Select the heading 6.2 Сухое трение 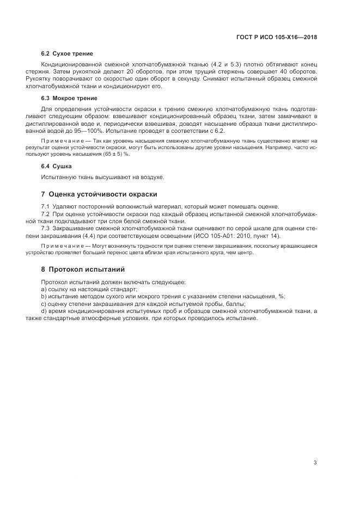point(66,54)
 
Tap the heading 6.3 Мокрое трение point(69,99)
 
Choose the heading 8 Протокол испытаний point(83,269)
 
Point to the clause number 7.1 point(46,206)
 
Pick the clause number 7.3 point(46,228)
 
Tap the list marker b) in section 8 point(44,296)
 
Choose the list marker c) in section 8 point(44,303)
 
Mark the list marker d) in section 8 point(44,310)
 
